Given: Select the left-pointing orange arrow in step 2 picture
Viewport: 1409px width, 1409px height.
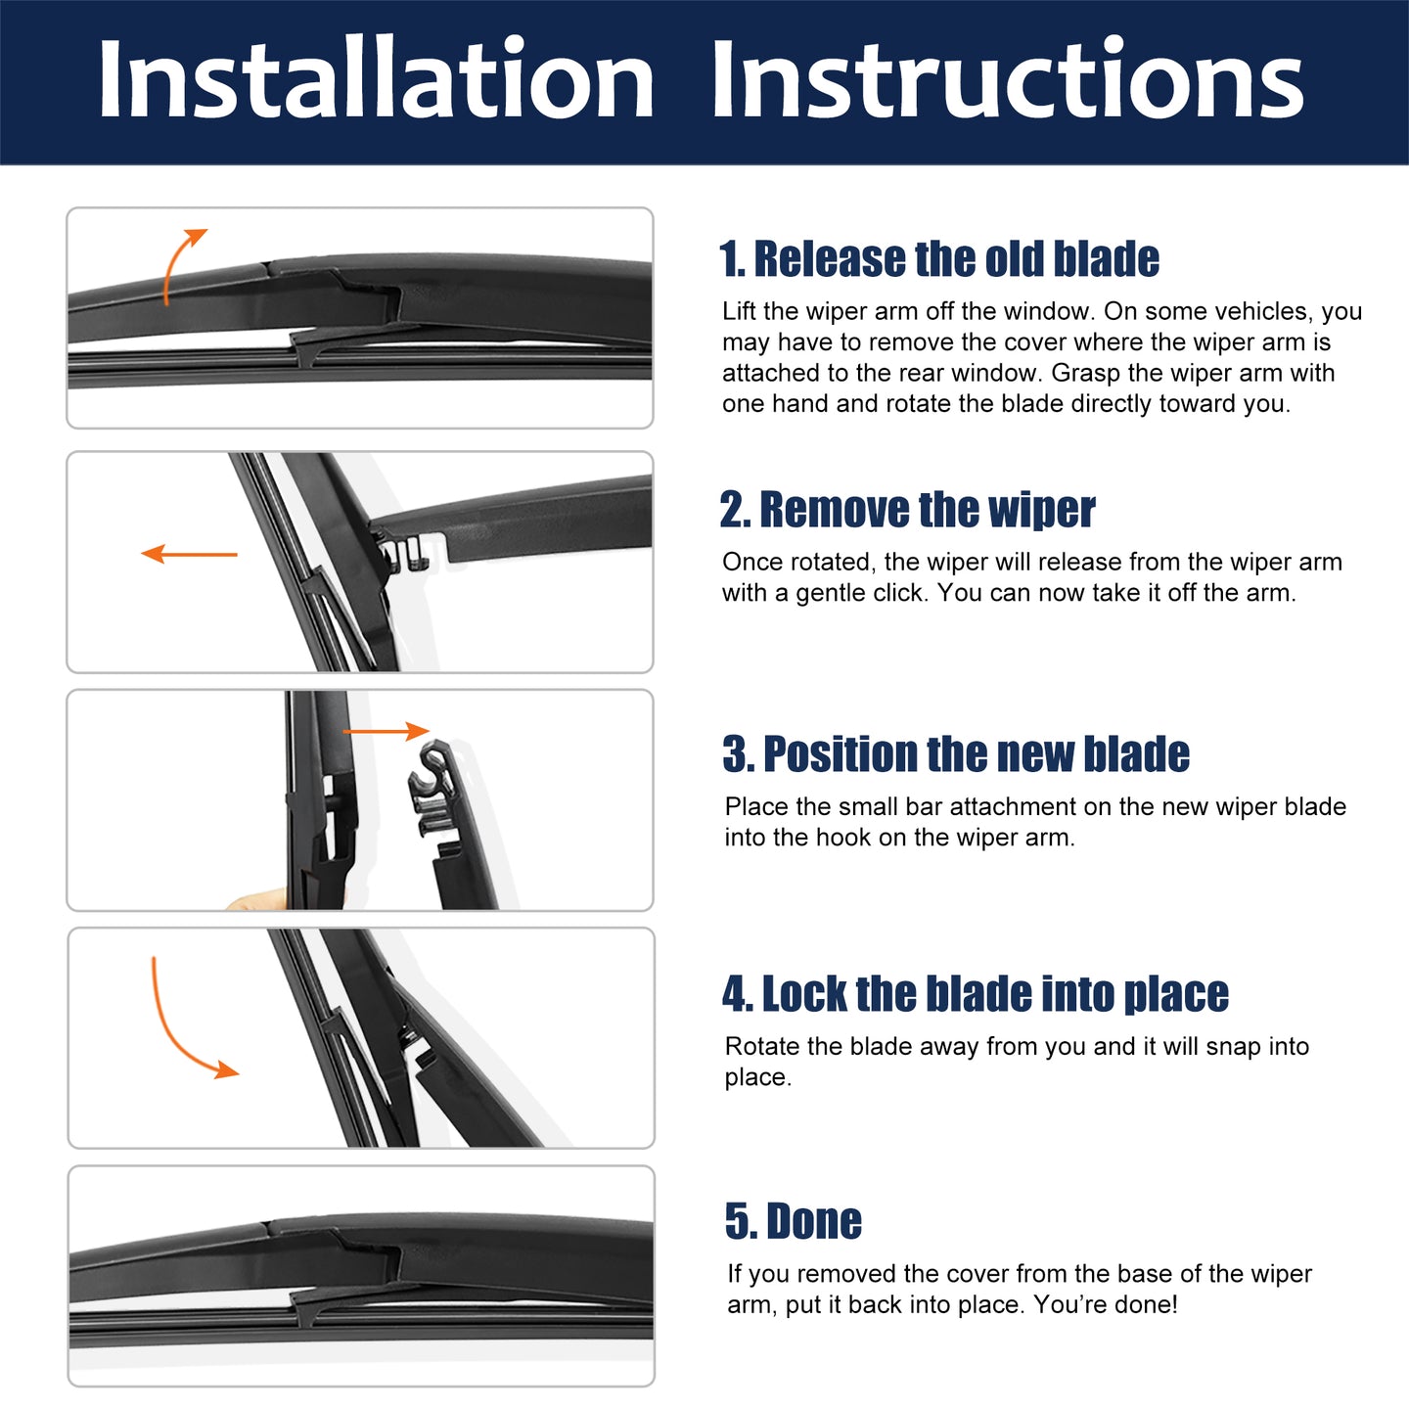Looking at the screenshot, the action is coord(189,554).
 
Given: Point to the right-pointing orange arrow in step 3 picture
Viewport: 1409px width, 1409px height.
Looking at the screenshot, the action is coord(386,731).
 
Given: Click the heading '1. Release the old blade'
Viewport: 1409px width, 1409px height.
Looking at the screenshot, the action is coord(939,259).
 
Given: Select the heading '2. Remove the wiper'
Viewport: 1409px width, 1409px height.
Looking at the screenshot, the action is coord(907,509).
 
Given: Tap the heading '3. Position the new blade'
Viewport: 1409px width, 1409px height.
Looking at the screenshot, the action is coord(956,753).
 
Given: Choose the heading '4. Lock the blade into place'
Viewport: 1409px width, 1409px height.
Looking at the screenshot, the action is coord(976,994).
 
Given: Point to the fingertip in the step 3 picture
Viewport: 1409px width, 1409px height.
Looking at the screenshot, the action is coord(257,900).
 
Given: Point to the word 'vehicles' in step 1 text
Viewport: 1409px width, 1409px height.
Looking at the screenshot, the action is coord(1263,311).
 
